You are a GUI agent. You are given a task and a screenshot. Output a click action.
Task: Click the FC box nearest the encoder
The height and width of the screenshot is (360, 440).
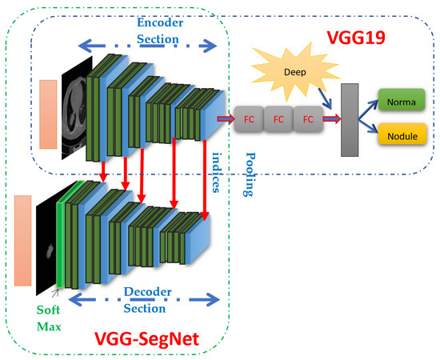coord(249,119)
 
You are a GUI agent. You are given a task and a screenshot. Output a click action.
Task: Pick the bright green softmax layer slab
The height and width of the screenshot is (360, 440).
coord(60,235)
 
